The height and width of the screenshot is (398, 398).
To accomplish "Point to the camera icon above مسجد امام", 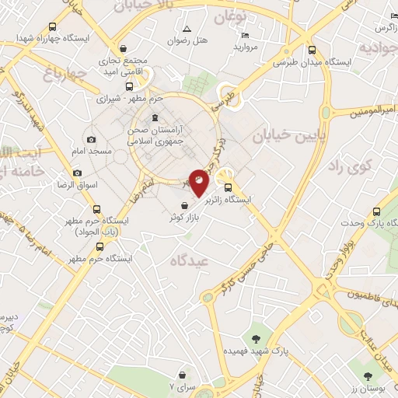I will [x=93, y=139].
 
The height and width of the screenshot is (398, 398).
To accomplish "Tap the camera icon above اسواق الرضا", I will [x=77, y=173].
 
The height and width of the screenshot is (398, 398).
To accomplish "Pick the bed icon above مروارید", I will [x=246, y=35].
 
